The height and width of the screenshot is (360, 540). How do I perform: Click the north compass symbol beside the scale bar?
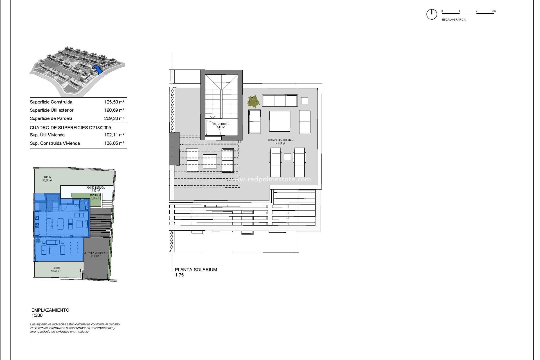(x=431, y=14)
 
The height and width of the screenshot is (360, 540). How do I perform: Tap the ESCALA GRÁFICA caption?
(x=454, y=20)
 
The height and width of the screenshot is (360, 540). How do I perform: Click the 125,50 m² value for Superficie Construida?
(x=114, y=102)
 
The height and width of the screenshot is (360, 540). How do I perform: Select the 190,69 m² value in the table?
(x=114, y=110)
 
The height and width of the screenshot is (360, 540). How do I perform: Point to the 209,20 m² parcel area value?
(x=114, y=118)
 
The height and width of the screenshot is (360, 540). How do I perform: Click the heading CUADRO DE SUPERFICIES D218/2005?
(x=70, y=128)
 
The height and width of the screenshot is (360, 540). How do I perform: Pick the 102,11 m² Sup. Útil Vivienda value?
(x=114, y=135)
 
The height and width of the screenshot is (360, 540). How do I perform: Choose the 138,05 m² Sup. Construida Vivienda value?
(x=114, y=143)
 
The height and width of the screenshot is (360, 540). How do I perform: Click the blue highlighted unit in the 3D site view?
(x=97, y=69)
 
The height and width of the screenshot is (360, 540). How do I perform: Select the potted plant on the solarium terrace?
(x=253, y=101)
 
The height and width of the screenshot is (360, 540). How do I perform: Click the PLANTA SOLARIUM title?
(x=196, y=270)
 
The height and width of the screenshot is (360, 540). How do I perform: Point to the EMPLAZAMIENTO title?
(x=50, y=310)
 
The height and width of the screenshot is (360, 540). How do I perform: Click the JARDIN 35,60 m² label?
(x=47, y=179)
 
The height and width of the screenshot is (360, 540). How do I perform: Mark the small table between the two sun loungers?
(x=287, y=157)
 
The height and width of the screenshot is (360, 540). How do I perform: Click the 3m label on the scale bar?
(x=494, y=11)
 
